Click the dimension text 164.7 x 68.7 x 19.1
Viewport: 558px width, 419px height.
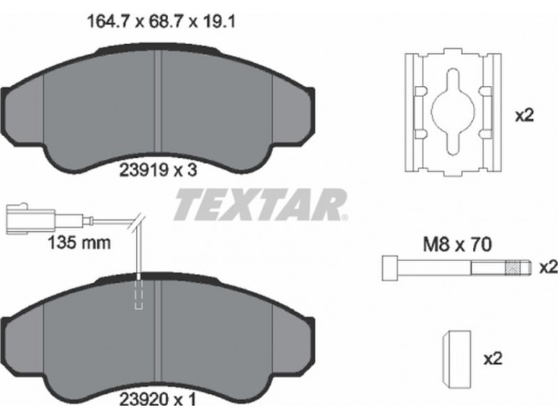161,22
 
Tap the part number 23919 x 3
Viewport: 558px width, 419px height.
158,170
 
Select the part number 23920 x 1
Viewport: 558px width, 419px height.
158,399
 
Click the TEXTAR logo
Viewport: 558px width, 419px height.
260,205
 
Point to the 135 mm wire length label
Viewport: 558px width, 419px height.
79,243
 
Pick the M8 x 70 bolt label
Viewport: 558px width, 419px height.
458,245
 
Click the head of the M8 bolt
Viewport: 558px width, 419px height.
390,267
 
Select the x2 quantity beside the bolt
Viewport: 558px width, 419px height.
548,267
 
